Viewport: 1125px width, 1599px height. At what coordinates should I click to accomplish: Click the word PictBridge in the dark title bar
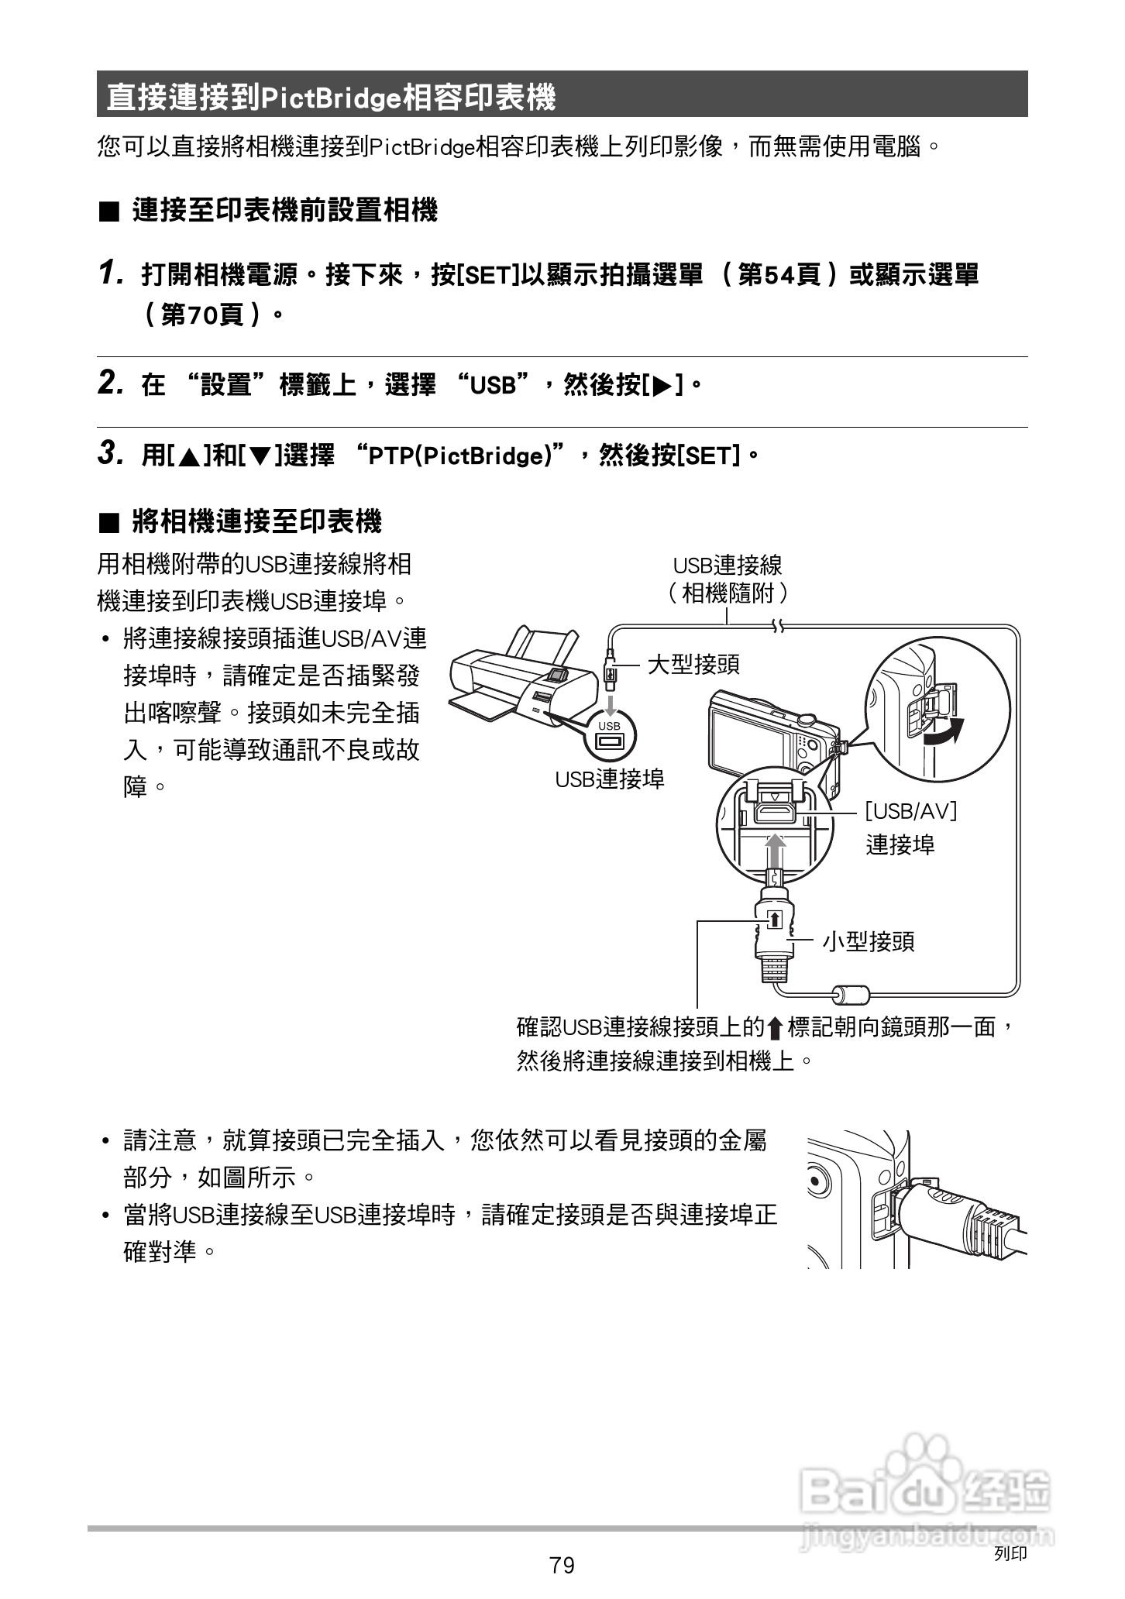(x=332, y=97)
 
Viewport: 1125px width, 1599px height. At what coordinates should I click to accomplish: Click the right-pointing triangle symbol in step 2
(x=662, y=385)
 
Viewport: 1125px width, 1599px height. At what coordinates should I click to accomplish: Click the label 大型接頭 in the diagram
(x=693, y=664)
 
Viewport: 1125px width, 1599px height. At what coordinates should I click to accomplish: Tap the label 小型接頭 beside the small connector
(x=868, y=941)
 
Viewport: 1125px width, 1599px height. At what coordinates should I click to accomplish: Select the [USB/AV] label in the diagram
(x=911, y=811)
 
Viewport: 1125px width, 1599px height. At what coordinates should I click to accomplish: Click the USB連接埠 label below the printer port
(x=610, y=779)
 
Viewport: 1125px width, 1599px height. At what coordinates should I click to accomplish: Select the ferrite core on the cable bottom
(x=850, y=994)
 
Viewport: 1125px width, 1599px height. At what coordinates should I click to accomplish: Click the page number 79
(x=562, y=1566)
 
